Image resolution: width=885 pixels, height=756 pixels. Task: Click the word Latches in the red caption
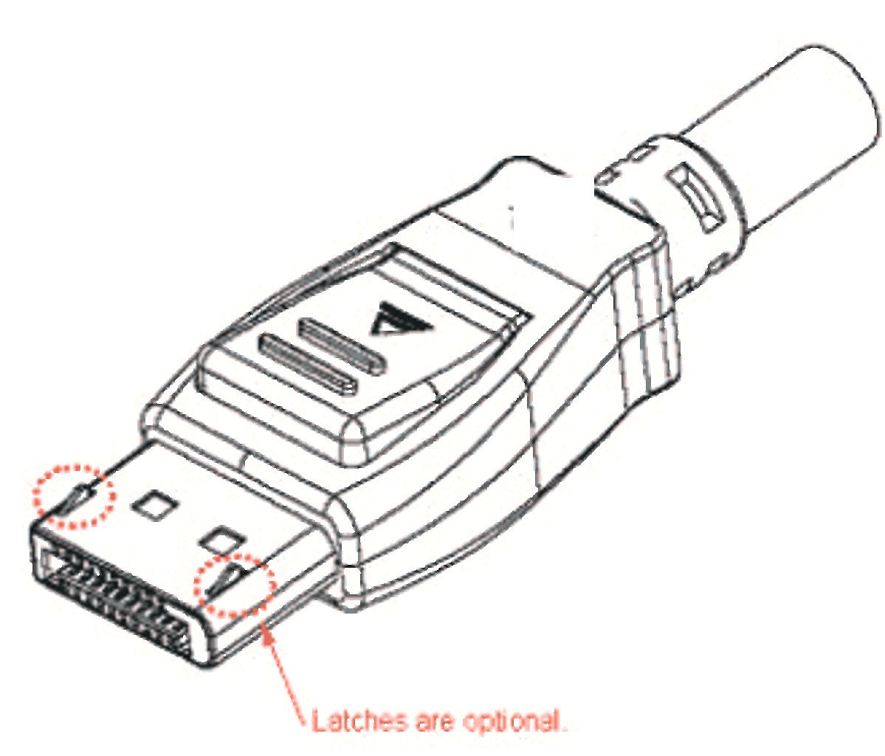[359, 721]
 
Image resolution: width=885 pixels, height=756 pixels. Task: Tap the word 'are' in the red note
[434, 724]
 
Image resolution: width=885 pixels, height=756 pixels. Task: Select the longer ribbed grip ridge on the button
[308, 363]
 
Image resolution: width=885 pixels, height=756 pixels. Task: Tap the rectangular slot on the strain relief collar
[695, 198]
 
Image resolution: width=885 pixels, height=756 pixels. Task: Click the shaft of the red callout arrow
[288, 678]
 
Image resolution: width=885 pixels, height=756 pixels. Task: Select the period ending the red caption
[563, 729]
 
